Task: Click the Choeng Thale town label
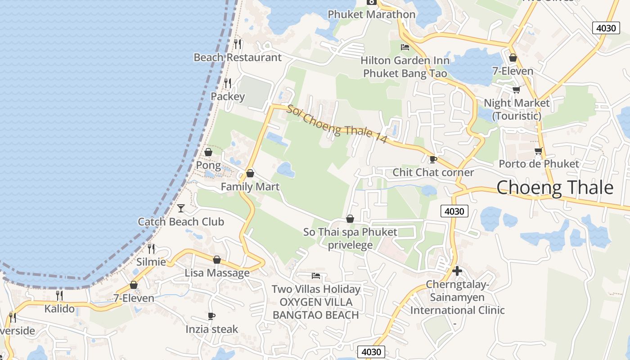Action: pyautogui.click(x=554, y=187)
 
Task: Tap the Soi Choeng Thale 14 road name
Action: pyautogui.click(x=337, y=124)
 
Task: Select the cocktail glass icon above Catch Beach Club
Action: pyautogui.click(x=181, y=208)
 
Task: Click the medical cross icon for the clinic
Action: pyautogui.click(x=457, y=271)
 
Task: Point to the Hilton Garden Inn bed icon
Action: pyautogui.click(x=405, y=47)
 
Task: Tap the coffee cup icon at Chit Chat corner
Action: pyautogui.click(x=433, y=159)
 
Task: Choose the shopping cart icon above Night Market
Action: pyautogui.click(x=516, y=90)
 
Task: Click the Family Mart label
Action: pyautogui.click(x=250, y=187)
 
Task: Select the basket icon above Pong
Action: pyautogui.click(x=208, y=152)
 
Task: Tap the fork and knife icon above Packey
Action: pyautogui.click(x=228, y=83)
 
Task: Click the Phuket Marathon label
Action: pyautogui.click(x=371, y=14)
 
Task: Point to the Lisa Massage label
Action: pyautogui.click(x=217, y=273)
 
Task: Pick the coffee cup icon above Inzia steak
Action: pyautogui.click(x=211, y=316)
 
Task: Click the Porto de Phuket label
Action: pyautogui.click(x=539, y=163)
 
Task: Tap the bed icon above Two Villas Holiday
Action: pyautogui.click(x=316, y=275)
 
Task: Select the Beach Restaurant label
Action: pyautogui.click(x=237, y=57)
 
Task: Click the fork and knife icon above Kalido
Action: pyautogui.click(x=59, y=295)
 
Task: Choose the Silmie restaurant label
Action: pyautogui.click(x=151, y=261)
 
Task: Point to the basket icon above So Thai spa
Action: pyautogui.click(x=350, y=219)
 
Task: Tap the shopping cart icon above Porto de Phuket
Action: pyautogui.click(x=538, y=151)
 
